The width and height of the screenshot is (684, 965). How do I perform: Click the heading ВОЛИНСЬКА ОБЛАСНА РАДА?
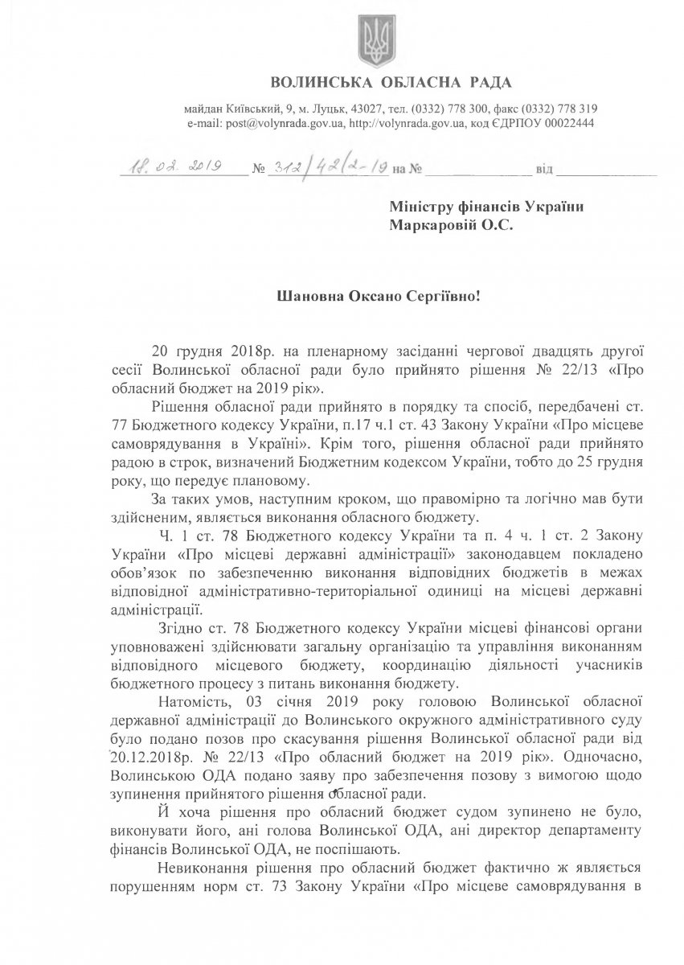(x=391, y=83)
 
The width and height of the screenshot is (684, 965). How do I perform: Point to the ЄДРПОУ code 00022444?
(x=567, y=124)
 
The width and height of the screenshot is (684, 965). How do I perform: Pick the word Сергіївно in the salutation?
(x=441, y=295)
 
